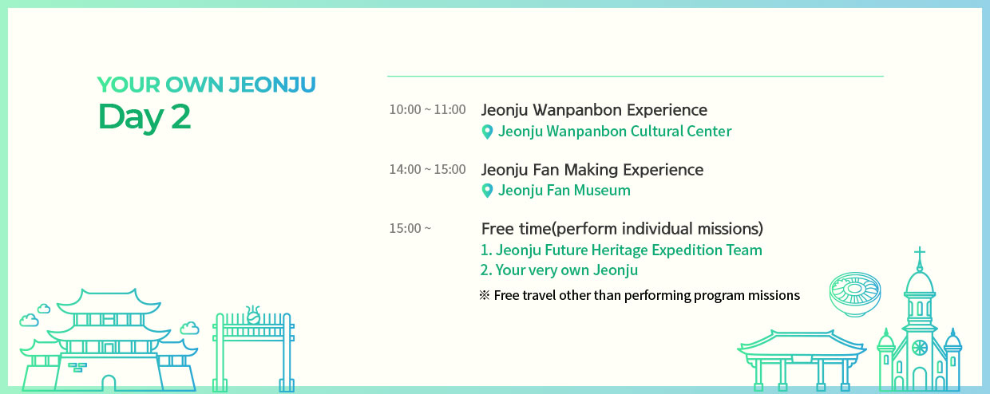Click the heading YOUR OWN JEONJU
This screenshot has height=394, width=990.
click(207, 85)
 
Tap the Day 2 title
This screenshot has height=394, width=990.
click(144, 116)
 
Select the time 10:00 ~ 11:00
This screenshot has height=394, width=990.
click(427, 109)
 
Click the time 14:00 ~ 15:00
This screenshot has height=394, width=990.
click(427, 169)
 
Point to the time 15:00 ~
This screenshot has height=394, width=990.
click(410, 228)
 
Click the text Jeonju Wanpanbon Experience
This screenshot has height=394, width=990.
click(594, 110)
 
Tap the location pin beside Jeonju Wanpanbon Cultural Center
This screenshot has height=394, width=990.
click(487, 132)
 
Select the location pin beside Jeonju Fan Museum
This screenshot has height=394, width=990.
click(487, 191)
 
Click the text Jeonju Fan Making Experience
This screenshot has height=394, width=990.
click(592, 170)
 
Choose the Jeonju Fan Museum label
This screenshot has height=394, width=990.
click(564, 191)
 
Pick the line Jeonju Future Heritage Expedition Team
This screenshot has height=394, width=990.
click(621, 250)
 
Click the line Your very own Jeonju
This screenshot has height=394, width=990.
click(559, 270)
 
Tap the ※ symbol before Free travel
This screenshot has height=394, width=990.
click(485, 295)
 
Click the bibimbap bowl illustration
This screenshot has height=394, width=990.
click(855, 294)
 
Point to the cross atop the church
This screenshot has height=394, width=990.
click(920, 254)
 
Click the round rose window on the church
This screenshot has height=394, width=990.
click(920, 348)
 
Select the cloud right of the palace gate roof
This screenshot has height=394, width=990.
click(189, 328)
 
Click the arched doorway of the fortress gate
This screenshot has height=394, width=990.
click(109, 383)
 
